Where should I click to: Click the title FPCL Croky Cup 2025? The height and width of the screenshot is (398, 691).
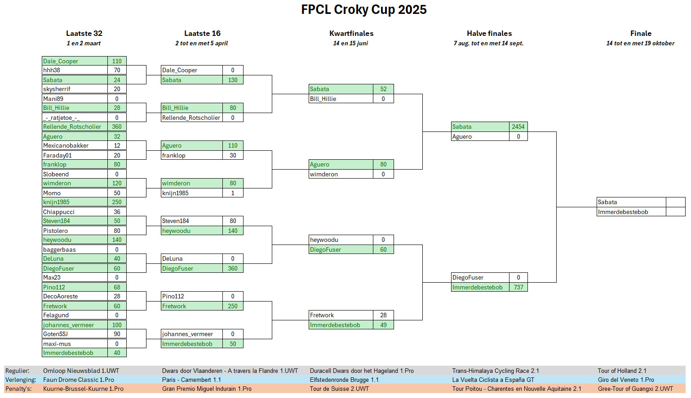(364, 10)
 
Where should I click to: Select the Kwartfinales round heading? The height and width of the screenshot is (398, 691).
(351, 33)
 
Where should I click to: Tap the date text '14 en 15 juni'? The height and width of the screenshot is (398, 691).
(350, 43)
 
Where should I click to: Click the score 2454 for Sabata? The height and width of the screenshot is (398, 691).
(518, 127)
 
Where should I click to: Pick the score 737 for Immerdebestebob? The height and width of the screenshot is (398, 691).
(518, 287)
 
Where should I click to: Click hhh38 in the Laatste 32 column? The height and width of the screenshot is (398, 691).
(52, 70)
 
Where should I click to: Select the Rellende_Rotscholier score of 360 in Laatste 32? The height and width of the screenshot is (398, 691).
(117, 127)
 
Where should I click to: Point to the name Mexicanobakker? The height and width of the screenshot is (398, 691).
(66, 145)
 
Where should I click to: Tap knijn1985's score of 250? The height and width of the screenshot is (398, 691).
(117, 202)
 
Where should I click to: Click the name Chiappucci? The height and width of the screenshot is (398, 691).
(58, 212)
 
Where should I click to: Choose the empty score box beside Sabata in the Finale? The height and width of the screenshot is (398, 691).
(676, 202)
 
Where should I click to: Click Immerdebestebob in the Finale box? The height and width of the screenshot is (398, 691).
(623, 212)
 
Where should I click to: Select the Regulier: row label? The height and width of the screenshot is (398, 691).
(17, 371)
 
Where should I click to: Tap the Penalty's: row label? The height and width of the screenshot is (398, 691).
(18, 389)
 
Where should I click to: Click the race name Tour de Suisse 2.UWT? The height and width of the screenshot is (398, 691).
(339, 389)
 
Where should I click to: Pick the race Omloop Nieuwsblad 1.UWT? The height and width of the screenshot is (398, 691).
(81, 371)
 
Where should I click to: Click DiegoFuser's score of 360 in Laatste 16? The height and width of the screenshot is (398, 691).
(233, 268)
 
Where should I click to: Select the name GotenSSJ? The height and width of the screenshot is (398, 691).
(56, 334)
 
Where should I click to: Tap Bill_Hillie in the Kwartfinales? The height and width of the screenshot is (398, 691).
(323, 99)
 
